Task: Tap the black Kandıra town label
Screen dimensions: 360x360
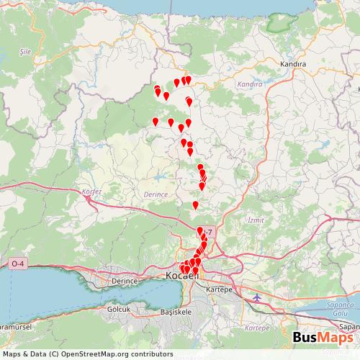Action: pos(294,63)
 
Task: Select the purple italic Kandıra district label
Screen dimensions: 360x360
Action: pos(250,84)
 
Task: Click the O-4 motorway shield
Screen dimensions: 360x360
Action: pos(17,265)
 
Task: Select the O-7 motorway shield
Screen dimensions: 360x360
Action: pos(210,230)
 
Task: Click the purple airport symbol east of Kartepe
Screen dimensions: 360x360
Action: pos(258,297)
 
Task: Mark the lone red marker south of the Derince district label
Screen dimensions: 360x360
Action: pos(195,205)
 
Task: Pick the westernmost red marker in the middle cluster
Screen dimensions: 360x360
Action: pos(155,122)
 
